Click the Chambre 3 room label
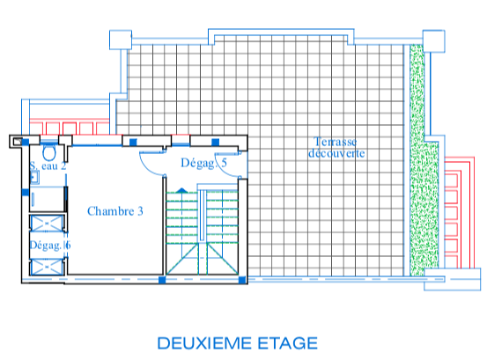[x=114, y=211]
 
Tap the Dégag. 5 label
[x=203, y=163]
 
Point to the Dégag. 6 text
[x=50, y=246]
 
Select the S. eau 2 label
[x=48, y=165]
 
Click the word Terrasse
[x=336, y=142]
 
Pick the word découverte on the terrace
[x=336, y=153]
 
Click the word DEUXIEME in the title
[x=204, y=343]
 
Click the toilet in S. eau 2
[x=49, y=152]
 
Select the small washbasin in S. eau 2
[x=34, y=178]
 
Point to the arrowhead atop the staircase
[x=181, y=190]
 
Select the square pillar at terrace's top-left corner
[x=121, y=40]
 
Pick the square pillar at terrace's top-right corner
[x=433, y=41]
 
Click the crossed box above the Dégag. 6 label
[x=48, y=224]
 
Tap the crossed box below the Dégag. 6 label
[x=48, y=268]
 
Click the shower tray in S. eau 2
[x=47, y=199]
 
